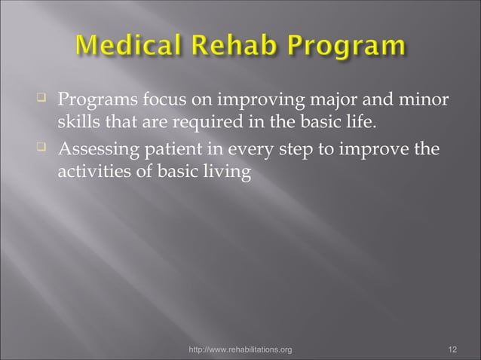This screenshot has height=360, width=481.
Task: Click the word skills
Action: (x=76, y=124)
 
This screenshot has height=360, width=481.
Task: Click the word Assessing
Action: (x=96, y=150)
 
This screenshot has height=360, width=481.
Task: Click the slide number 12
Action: (x=452, y=349)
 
